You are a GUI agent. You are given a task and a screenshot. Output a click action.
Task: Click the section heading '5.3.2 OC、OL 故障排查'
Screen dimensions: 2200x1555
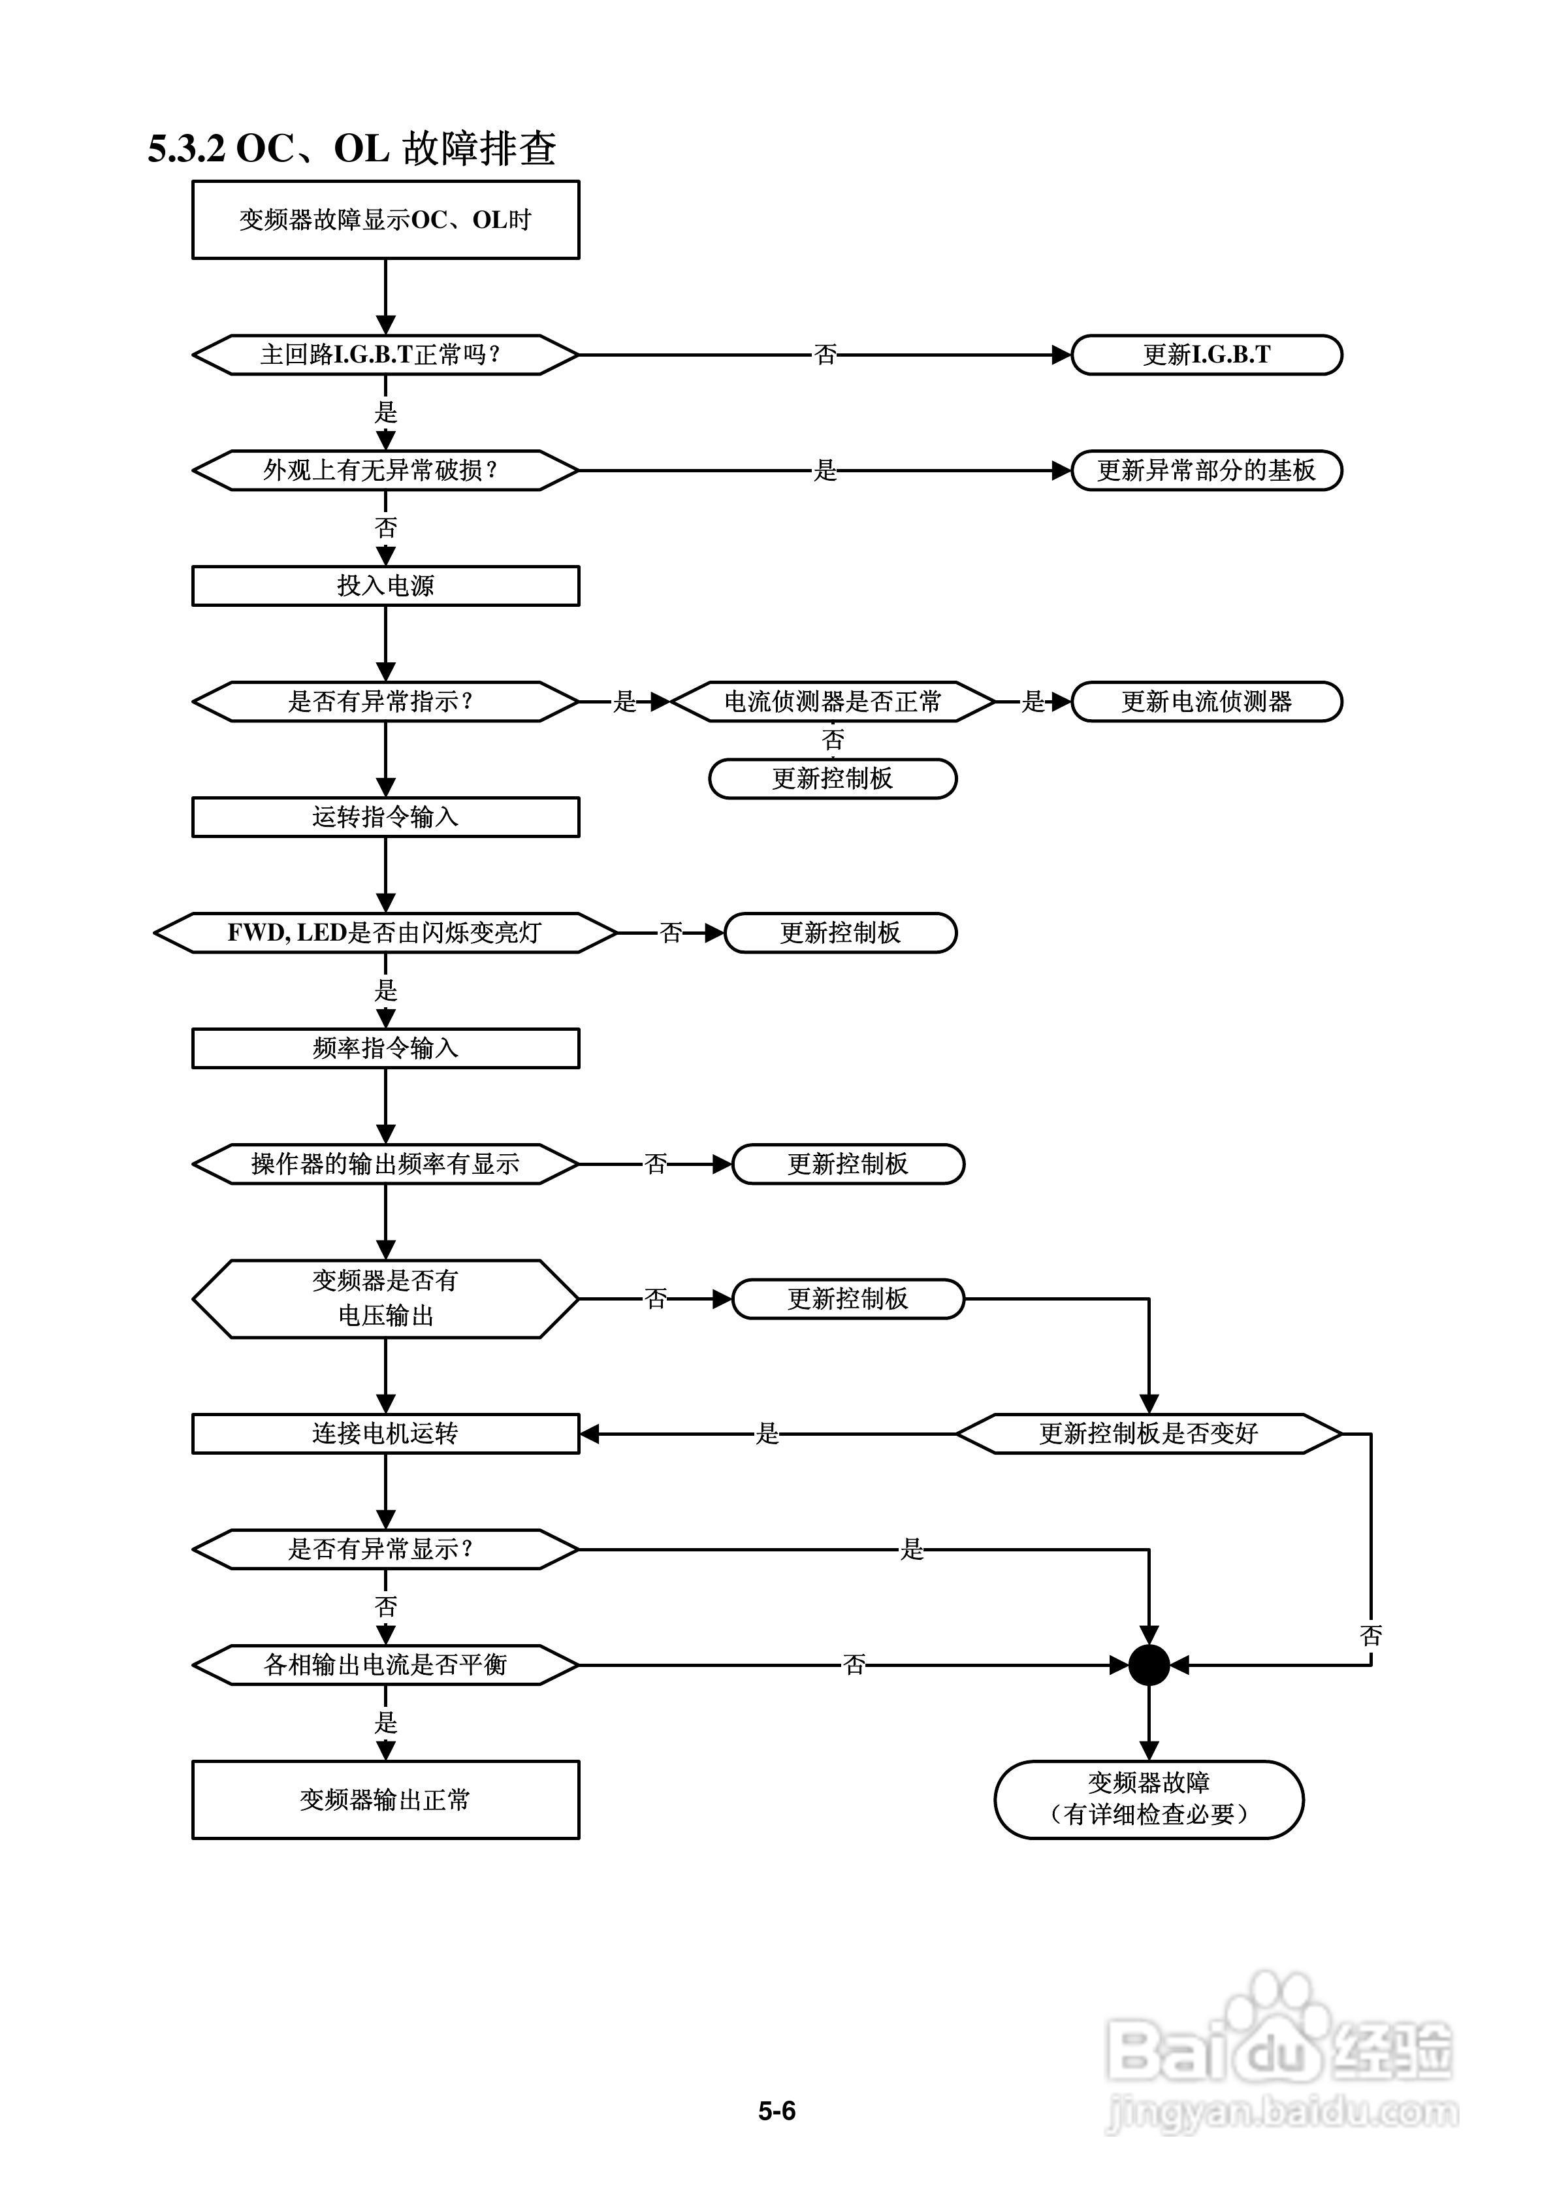[x=351, y=148]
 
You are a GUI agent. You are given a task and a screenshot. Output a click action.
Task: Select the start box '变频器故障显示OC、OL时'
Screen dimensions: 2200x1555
[x=385, y=219]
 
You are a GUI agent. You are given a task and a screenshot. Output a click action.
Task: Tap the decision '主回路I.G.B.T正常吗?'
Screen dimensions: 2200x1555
[x=385, y=355]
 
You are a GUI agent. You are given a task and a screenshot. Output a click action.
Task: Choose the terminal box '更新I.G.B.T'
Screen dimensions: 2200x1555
[x=1206, y=355]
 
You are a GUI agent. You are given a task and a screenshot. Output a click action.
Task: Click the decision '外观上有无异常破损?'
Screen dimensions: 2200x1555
[x=385, y=470]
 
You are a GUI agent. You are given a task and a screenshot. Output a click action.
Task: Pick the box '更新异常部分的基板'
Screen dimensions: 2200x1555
[x=1206, y=470]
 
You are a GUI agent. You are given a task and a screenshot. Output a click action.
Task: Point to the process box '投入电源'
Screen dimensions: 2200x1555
[x=385, y=585]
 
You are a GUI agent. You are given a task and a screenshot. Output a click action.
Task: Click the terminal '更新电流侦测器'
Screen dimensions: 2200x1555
[x=1206, y=702]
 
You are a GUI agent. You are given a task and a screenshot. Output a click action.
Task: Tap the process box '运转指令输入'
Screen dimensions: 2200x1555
[x=385, y=817]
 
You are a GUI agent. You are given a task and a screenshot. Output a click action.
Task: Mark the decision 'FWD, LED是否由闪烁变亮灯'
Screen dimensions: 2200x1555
[x=385, y=932]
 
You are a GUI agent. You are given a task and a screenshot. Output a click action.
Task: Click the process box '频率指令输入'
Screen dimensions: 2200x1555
[x=385, y=1048]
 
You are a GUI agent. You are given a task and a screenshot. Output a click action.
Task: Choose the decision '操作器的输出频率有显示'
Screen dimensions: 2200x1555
[x=385, y=1164]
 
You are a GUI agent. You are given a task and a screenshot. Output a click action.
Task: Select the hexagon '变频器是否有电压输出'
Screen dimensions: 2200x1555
[x=385, y=1299]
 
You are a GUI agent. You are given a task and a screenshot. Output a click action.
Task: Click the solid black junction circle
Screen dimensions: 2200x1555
[x=1149, y=1664]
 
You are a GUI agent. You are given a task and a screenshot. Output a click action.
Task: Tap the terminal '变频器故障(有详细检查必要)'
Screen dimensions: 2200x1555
[x=1148, y=1800]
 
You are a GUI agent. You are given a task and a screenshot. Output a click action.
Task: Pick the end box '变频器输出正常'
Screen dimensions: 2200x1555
[x=385, y=1800]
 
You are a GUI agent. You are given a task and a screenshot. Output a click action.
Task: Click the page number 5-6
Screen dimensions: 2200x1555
[x=777, y=2111]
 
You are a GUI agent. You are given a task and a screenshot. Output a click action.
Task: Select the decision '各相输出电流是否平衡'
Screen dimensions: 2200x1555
[x=385, y=1664]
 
